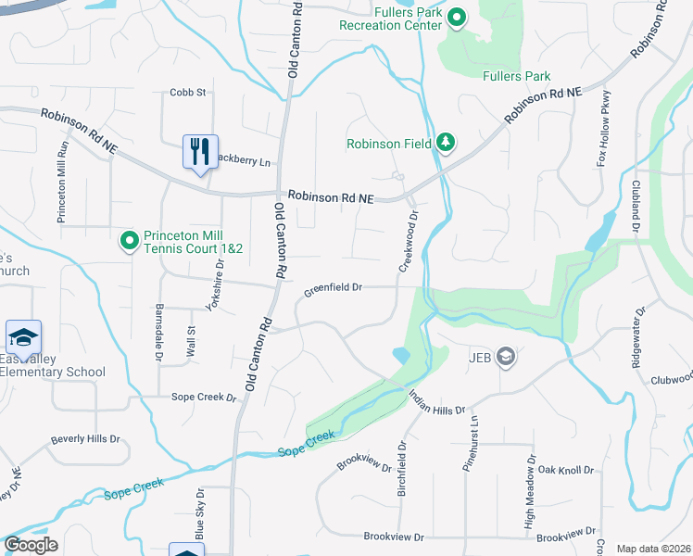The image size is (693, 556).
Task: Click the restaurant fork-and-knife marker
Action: (x=200, y=151)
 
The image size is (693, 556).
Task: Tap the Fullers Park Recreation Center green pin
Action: (x=457, y=18)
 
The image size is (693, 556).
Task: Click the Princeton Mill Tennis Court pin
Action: (x=130, y=243)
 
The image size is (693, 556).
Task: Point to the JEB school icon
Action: (x=506, y=357)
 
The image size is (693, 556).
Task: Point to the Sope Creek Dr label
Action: (x=204, y=397)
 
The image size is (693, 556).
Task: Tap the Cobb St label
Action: (x=187, y=93)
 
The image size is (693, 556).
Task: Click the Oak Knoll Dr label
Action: (x=565, y=471)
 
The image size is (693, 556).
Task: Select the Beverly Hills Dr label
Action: (x=85, y=439)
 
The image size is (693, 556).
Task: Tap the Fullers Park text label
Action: (x=517, y=77)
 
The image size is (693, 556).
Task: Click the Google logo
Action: (x=31, y=545)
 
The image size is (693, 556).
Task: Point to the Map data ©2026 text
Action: (x=652, y=549)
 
